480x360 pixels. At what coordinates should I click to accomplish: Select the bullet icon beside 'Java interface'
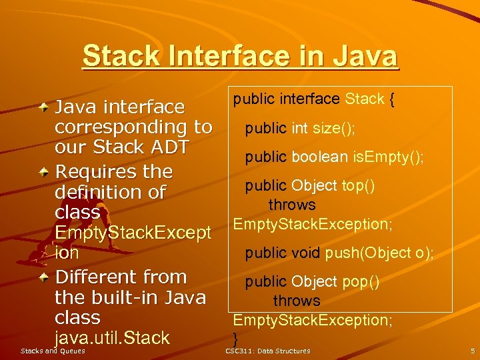(43, 106)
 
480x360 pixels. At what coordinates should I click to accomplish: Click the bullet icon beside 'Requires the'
(43, 171)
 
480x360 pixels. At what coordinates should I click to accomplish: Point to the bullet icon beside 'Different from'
(43, 276)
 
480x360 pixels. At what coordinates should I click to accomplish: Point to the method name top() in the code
(358, 185)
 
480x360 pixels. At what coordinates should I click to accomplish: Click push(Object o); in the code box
(379, 253)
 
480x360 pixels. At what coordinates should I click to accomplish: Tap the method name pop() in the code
(361, 281)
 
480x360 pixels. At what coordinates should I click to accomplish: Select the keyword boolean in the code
(319, 157)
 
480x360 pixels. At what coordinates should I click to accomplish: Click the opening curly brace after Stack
(393, 100)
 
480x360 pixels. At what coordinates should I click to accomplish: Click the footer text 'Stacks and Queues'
(53, 351)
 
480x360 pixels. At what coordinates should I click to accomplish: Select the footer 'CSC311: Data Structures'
(267, 351)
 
